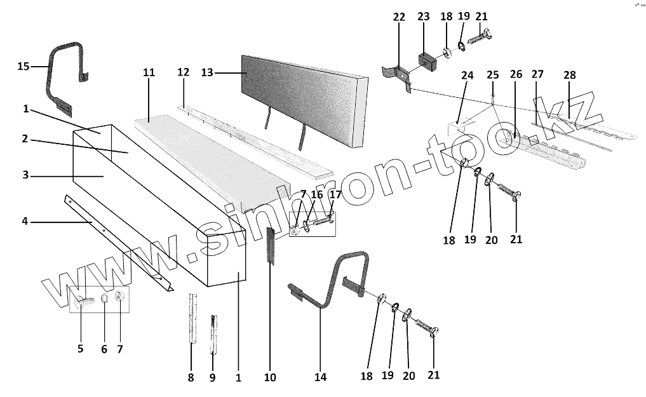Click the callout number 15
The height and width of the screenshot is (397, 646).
(23, 66)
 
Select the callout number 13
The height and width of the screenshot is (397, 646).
(207, 73)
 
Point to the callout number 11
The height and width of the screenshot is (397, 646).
(149, 73)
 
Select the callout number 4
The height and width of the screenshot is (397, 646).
(25, 222)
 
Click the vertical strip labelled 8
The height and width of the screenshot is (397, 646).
(192, 318)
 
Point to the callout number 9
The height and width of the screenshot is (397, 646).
(212, 377)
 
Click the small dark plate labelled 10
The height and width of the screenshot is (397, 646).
(269, 245)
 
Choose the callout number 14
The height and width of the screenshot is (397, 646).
(320, 377)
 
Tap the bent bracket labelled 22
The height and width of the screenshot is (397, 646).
(398, 77)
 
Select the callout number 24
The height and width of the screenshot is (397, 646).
(468, 75)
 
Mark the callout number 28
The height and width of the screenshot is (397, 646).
(569, 75)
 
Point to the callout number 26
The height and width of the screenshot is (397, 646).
(516, 75)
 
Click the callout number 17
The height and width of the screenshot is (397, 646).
(335, 195)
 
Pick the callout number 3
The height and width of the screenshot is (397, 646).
(25, 175)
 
